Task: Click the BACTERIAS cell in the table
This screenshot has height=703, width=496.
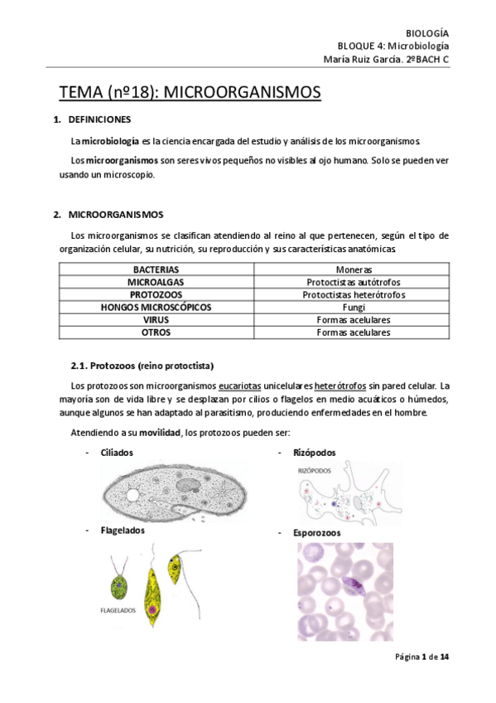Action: pos(156,269)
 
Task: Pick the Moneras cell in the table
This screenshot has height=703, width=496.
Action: pos(354,269)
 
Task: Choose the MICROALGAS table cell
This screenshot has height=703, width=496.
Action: pos(156,282)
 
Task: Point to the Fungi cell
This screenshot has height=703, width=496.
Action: pos(354,307)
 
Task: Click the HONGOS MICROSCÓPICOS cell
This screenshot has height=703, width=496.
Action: pos(156,307)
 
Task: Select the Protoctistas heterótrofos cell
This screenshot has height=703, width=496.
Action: pos(354,294)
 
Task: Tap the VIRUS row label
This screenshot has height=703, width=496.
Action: pos(156,319)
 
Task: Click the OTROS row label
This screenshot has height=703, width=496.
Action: pos(156,332)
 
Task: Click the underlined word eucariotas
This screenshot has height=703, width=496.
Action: pos(240,385)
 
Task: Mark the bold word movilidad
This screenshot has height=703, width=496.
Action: pos(160,433)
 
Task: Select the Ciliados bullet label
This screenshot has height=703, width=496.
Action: pos(117,453)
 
